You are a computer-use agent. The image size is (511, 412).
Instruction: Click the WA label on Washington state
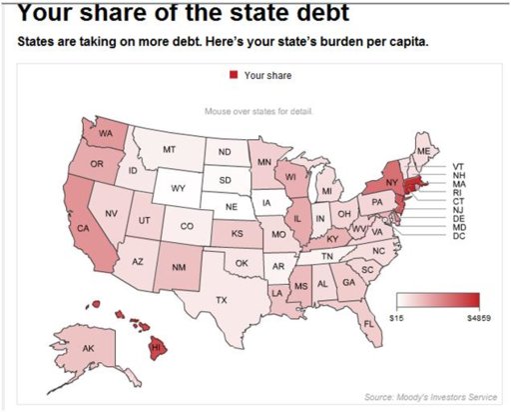point(106,133)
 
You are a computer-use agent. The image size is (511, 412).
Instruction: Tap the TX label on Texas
point(222,299)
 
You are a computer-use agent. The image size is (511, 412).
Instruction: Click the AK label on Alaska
point(88,347)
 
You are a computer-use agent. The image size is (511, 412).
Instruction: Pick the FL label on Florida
point(368,323)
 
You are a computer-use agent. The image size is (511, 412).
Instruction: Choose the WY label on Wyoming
point(179,188)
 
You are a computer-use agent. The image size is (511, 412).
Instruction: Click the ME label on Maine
point(424,150)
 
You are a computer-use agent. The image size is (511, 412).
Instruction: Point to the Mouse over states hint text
point(257,111)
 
